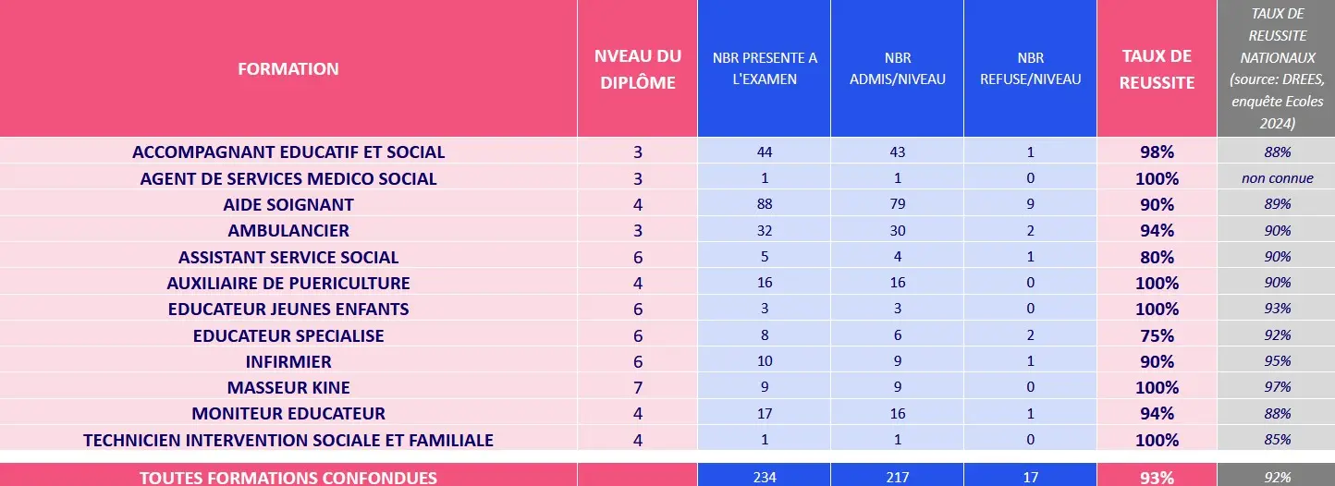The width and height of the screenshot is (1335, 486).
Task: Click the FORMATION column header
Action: pyautogui.click(x=288, y=68)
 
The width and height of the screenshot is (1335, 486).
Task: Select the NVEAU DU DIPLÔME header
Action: pyautogui.click(x=638, y=69)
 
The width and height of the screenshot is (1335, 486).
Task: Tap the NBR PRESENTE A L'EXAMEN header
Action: pyautogui.click(x=765, y=68)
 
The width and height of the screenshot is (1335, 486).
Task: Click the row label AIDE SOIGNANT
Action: pyautogui.click(x=288, y=204)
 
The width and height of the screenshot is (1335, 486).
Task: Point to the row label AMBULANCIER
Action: pyautogui.click(x=288, y=230)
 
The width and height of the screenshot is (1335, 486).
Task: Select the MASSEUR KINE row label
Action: pyautogui.click(x=288, y=387)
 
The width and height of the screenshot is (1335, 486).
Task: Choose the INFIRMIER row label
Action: pyautogui.click(x=288, y=361)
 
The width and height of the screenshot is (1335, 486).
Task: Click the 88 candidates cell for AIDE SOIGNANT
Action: pyautogui.click(x=764, y=204)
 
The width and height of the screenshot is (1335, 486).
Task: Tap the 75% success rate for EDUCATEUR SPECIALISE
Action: pyautogui.click(x=1156, y=335)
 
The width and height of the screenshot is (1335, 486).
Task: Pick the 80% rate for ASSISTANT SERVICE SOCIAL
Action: pyautogui.click(x=1156, y=257)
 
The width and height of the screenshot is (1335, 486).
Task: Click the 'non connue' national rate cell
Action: pyautogui.click(x=1277, y=178)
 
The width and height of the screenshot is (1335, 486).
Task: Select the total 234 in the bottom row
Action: pyautogui.click(x=764, y=478)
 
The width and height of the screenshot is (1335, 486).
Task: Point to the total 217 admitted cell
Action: pyautogui.click(x=897, y=478)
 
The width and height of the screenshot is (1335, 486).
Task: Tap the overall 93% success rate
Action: pyautogui.click(x=1156, y=478)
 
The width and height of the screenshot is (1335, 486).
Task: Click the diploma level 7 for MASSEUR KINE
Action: pyautogui.click(x=638, y=387)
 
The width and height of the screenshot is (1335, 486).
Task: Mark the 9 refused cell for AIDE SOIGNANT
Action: pyautogui.click(x=1030, y=204)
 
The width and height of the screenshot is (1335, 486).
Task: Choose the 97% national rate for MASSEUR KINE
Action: pyautogui.click(x=1277, y=387)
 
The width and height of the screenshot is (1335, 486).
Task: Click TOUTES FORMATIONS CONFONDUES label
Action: pyautogui.click(x=288, y=478)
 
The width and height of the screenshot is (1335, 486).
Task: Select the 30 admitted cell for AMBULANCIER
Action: pyautogui.click(x=897, y=230)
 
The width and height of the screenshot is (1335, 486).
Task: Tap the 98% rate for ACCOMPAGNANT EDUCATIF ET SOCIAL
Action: pyautogui.click(x=1156, y=152)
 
